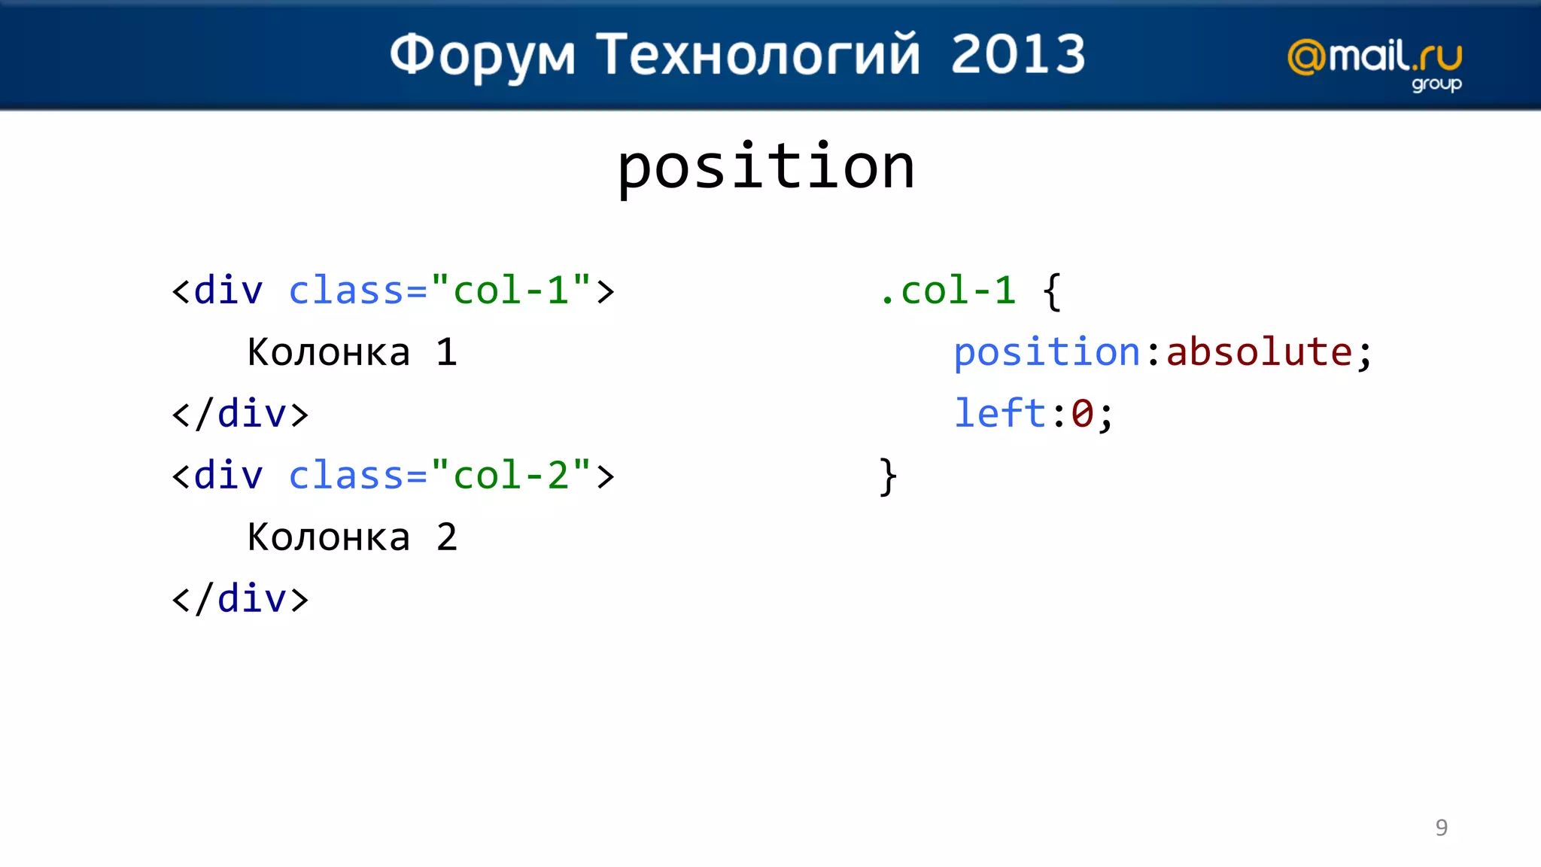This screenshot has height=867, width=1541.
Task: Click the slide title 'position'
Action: click(x=766, y=167)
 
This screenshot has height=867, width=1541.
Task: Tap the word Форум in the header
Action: click(x=482, y=56)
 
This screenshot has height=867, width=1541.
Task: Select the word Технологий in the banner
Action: click(x=758, y=56)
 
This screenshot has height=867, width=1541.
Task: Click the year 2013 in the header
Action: click(x=1018, y=54)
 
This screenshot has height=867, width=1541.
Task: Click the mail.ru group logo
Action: click(x=1375, y=64)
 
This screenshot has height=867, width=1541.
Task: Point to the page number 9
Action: click(x=1441, y=827)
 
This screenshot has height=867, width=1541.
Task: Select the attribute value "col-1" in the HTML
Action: click(x=511, y=290)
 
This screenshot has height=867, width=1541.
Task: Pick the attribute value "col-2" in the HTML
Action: click(x=511, y=475)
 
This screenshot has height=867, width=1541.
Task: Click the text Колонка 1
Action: click(x=352, y=352)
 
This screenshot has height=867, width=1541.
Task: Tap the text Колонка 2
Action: click(x=352, y=537)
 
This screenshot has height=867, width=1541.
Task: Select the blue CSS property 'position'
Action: click(x=1047, y=352)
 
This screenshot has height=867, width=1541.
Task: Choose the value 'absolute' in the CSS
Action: click(x=1259, y=352)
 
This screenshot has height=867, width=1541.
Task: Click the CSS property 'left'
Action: click(x=999, y=413)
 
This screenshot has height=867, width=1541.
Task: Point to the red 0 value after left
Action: click(x=1082, y=413)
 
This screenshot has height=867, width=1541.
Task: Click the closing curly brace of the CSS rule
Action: click(x=889, y=476)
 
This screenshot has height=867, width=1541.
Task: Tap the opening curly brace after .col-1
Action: click(x=1053, y=291)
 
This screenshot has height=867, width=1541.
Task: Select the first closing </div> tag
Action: click(x=240, y=414)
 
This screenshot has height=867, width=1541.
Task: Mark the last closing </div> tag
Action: click(x=240, y=599)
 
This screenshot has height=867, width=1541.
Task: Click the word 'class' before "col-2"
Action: click(x=347, y=475)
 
